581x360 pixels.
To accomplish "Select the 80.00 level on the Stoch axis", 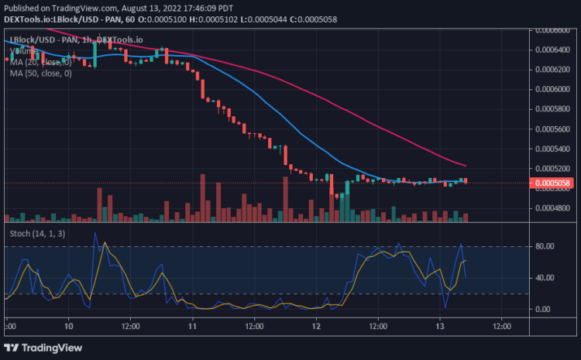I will coord(544,246).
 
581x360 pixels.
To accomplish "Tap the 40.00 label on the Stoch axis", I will coord(544,278).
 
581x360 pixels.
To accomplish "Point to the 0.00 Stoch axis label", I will coord(544,309).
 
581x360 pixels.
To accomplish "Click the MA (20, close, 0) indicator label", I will coord(40,62).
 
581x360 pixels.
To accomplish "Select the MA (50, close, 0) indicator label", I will coord(40,74).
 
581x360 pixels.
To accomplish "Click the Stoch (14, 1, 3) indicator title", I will coord(37,231).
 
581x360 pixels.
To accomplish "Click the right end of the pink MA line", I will coord(465,165).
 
